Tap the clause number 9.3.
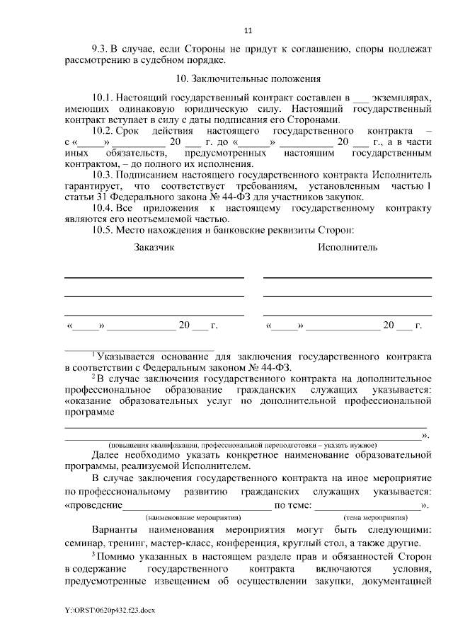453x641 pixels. [x=101, y=49]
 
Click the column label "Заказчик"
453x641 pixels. [x=154, y=248]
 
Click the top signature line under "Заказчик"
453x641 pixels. [x=154, y=277]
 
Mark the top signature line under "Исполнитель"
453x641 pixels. [x=347, y=277]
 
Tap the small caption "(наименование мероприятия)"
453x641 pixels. [x=193, y=518]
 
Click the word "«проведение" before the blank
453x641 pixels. [x=93, y=506]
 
